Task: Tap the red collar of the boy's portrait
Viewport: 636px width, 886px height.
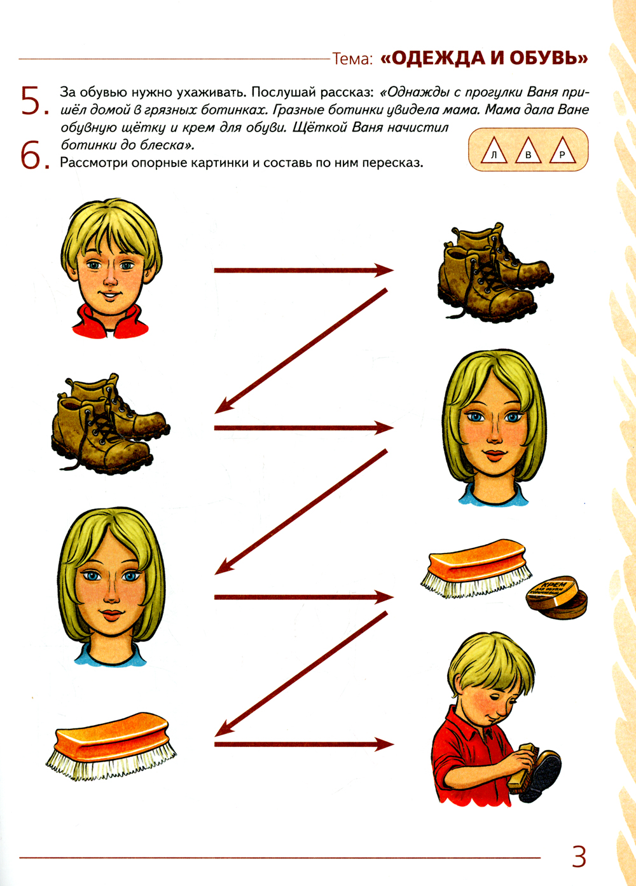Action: pyautogui.click(x=111, y=323)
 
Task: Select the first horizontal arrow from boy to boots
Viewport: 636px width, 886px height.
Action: pyautogui.click(x=304, y=271)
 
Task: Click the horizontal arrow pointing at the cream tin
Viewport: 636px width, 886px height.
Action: pyautogui.click(x=304, y=597)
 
